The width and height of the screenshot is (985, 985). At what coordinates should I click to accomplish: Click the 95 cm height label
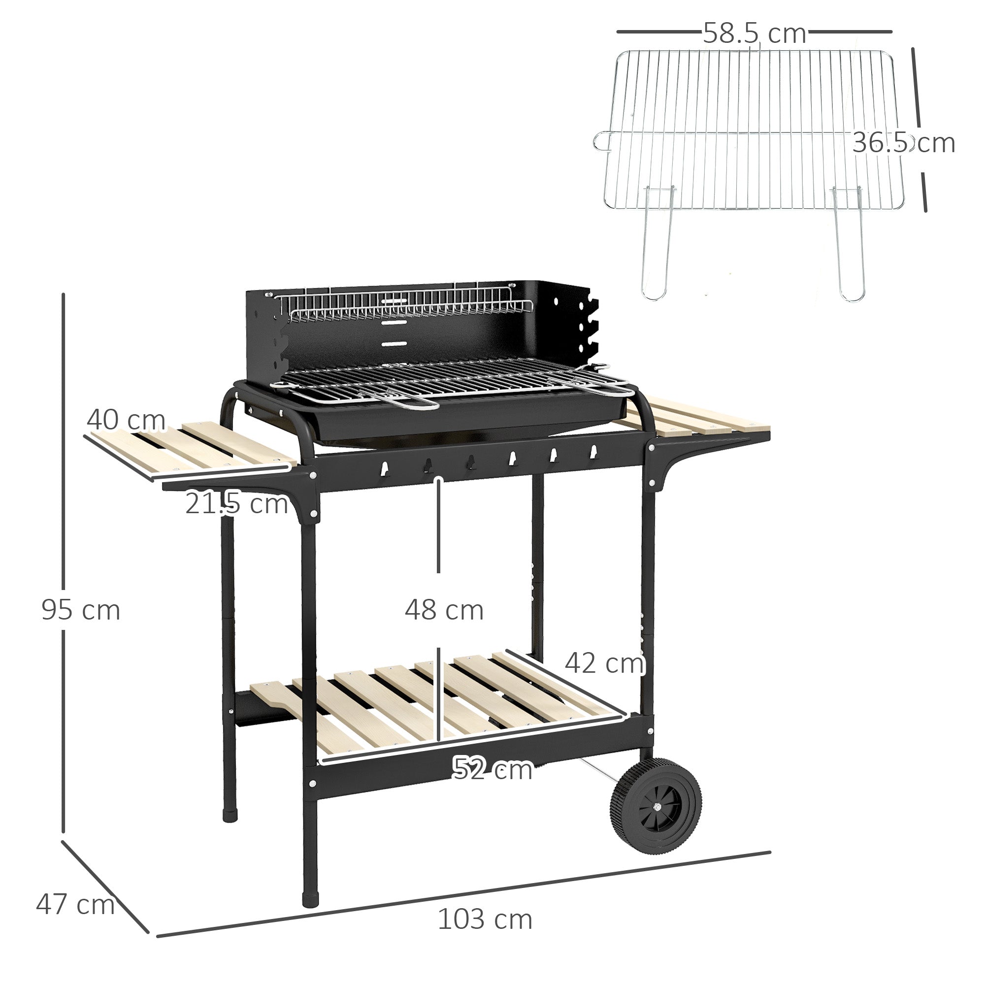coord(81,610)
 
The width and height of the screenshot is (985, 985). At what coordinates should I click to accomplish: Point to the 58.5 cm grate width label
coord(755,33)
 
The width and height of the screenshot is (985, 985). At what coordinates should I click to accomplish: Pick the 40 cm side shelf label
coord(126,420)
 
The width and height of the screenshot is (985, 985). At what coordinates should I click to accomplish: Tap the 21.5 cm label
coord(236,504)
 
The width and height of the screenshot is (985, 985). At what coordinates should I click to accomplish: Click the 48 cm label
coord(444,610)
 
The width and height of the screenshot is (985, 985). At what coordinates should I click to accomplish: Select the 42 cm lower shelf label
coord(604,663)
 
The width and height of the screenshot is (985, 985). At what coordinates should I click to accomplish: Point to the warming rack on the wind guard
coord(408,307)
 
